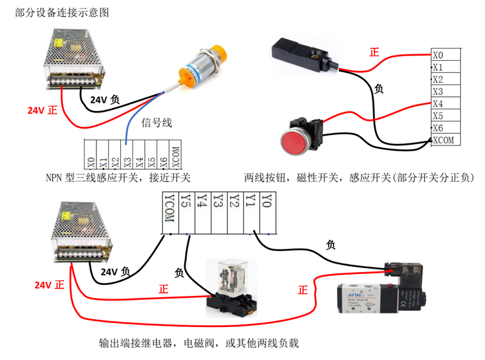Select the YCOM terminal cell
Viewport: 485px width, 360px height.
pyautogui.click(x=170, y=211)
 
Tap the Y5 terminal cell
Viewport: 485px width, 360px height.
pyautogui.click(x=186, y=211)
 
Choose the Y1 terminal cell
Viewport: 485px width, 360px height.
pyautogui.click(x=250, y=211)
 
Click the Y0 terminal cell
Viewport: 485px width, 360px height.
pyautogui.click(x=266, y=211)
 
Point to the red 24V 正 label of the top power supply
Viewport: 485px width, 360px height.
pyautogui.click(x=42, y=110)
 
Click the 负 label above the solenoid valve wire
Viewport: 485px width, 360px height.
pyautogui.click(x=330, y=245)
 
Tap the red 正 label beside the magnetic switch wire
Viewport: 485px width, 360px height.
pyautogui.click(x=374, y=52)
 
